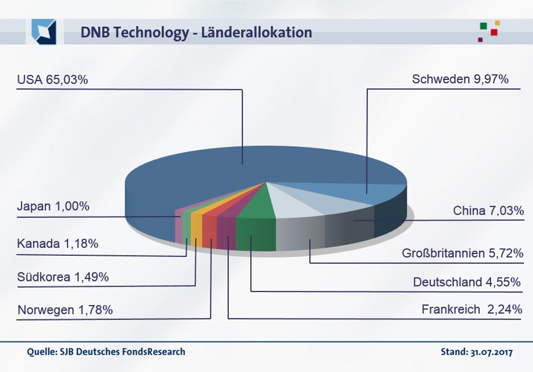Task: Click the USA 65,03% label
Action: point(53,80)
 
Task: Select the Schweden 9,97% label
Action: point(460,79)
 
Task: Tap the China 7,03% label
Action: point(488,211)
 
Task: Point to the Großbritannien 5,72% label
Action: point(463,253)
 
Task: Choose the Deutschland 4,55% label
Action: point(467,282)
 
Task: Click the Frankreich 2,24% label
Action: point(472,309)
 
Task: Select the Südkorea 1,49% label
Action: point(63,277)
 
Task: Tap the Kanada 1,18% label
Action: point(58,244)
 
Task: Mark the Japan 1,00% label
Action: point(53,206)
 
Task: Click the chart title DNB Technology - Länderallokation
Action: point(196,32)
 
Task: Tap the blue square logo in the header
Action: point(44,31)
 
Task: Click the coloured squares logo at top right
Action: point(489,31)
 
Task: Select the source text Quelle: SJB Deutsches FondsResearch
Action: point(106,352)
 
